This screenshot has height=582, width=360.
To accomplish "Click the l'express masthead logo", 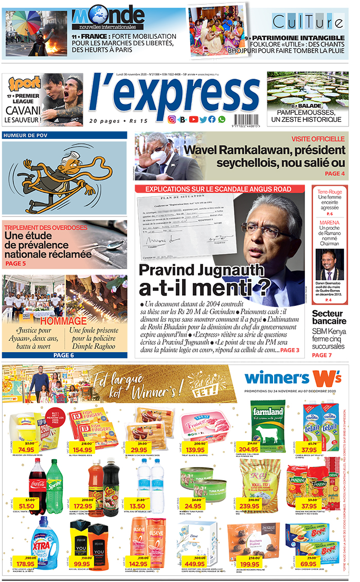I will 175,96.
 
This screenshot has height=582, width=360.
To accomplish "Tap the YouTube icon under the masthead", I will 193,119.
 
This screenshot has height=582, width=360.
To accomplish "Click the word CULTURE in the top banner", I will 308,22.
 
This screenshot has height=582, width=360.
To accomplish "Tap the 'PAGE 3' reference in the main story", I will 290,350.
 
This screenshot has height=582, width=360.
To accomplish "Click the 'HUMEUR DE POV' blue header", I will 25,136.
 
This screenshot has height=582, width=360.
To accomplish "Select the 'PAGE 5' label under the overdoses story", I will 15,264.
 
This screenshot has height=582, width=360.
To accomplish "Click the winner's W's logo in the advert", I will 293,378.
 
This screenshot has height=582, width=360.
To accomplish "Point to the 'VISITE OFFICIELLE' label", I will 318,139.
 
